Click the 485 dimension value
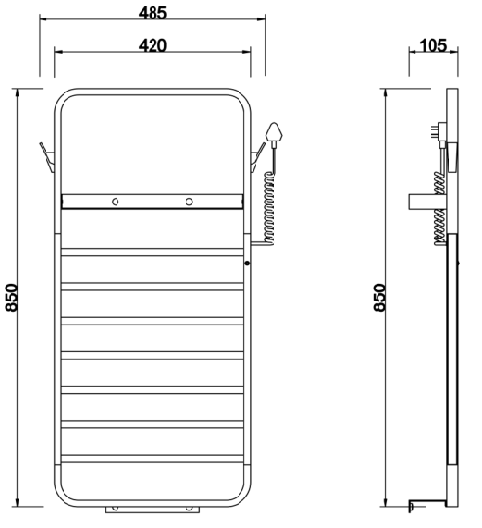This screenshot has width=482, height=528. point(153,13)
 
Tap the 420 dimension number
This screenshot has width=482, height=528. point(153,45)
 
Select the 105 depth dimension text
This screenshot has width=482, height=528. point(434,45)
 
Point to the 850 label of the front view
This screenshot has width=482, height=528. point(11,298)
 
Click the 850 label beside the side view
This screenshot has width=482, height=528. point(379,298)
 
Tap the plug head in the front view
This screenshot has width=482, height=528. point(274,134)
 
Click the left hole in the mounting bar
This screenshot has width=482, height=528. point(116,202)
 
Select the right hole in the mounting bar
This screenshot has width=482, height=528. point(190,202)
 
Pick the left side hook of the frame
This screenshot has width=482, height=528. point(47,157)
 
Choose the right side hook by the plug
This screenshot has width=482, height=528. point(258,157)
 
